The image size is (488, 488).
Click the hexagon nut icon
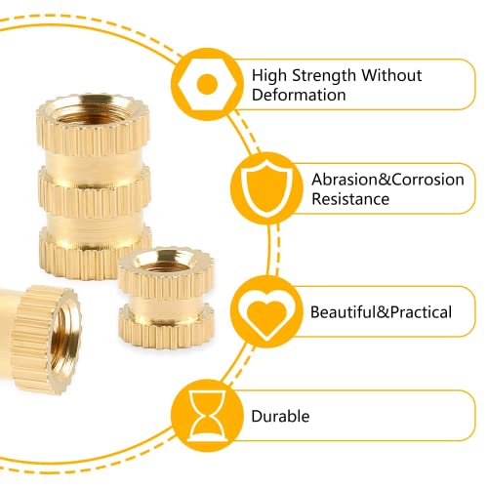tap(207, 84)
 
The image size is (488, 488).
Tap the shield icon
tap(266, 189)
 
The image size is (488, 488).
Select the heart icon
tap(266, 315)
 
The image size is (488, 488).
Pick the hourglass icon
tap(208, 416)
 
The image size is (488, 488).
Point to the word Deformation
tap(299, 95)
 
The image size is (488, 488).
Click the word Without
tap(391, 75)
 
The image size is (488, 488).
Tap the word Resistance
tap(350, 199)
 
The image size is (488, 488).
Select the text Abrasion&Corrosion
tap(387, 180)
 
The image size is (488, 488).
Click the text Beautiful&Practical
tap(381, 312)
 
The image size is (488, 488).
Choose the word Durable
tap(280, 416)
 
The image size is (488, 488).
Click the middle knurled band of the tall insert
tap(95, 192)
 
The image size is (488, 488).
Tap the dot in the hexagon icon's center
tap(207, 84)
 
